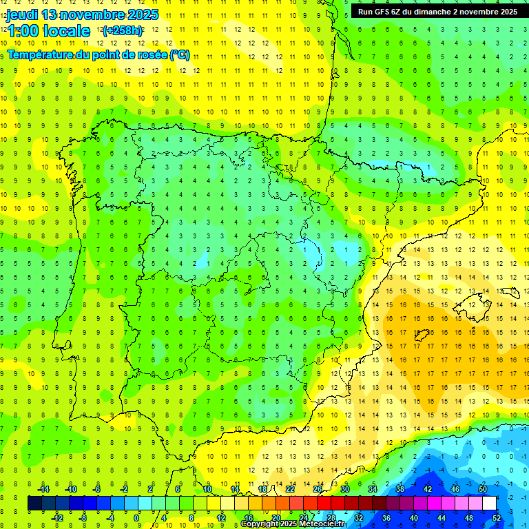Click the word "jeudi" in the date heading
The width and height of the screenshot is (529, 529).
pyautogui.click(x=21, y=14)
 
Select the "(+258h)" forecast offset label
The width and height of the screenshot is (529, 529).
pyautogui.click(x=123, y=31)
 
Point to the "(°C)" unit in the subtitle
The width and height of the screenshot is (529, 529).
pyautogui.click(x=179, y=54)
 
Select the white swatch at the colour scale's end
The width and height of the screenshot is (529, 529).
pyautogui.click(x=490, y=504)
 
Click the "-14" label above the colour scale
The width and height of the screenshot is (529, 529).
pyautogui.click(x=43, y=489)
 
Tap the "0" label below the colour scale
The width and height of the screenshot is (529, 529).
pyautogui.click(x=136, y=517)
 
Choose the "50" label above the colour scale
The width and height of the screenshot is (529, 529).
pyautogui.click(x=483, y=489)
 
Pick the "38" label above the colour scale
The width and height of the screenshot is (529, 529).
pyautogui.click(x=400, y=489)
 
